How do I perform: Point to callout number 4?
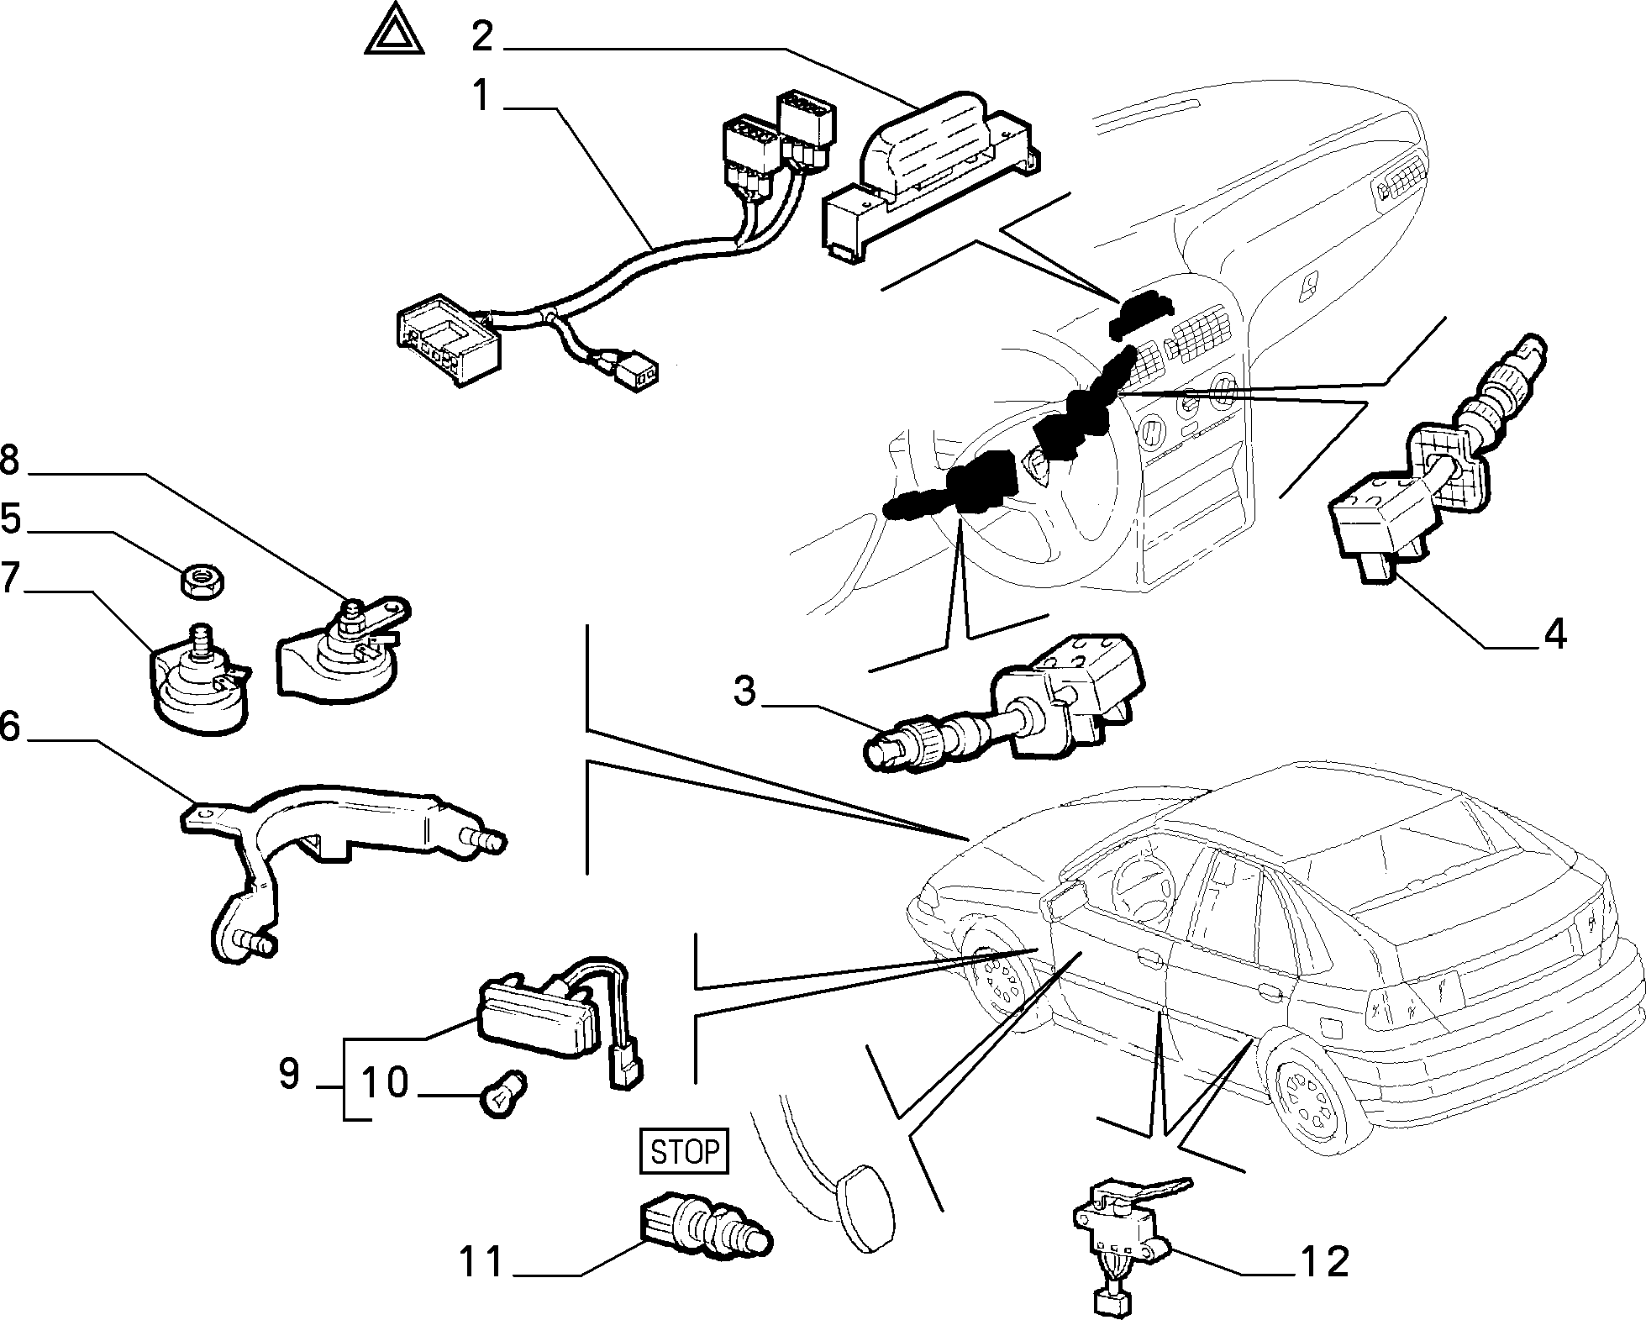1554,634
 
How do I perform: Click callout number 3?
744,691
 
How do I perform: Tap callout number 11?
481,1262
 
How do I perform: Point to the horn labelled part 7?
199,681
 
